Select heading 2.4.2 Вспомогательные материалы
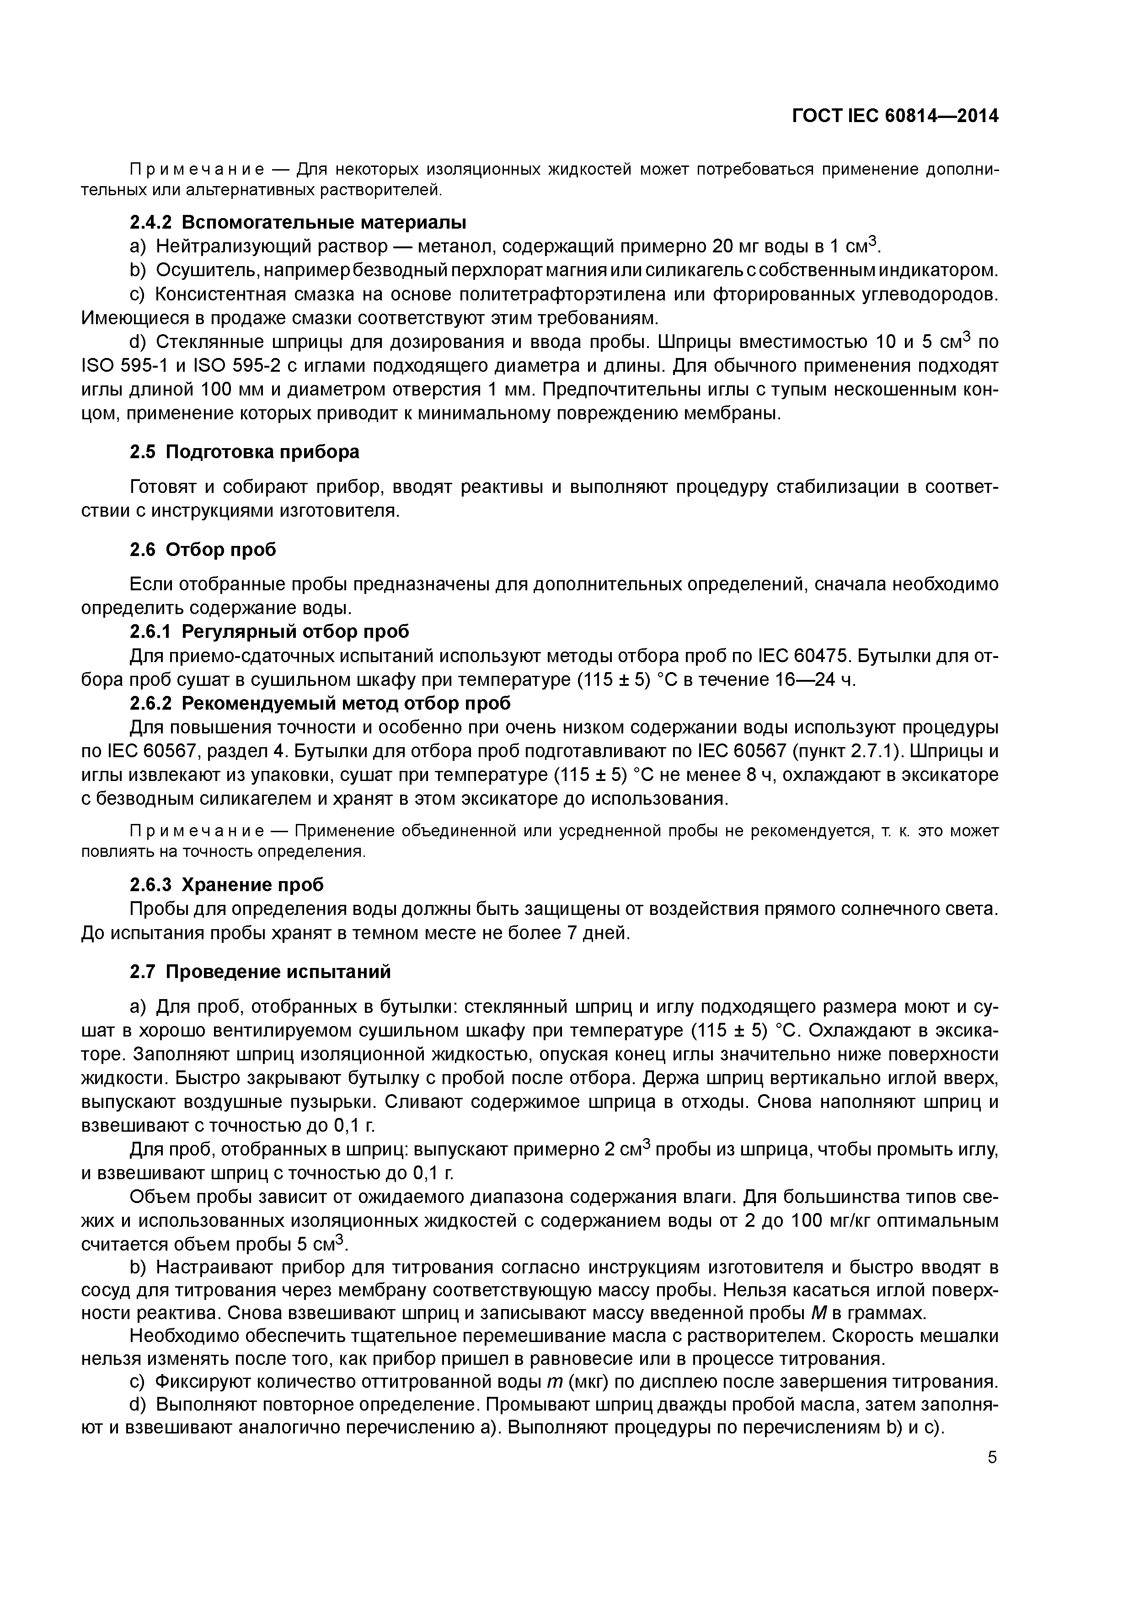(298, 222)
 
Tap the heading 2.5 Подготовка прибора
(245, 452)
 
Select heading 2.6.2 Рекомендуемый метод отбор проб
(320, 703)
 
